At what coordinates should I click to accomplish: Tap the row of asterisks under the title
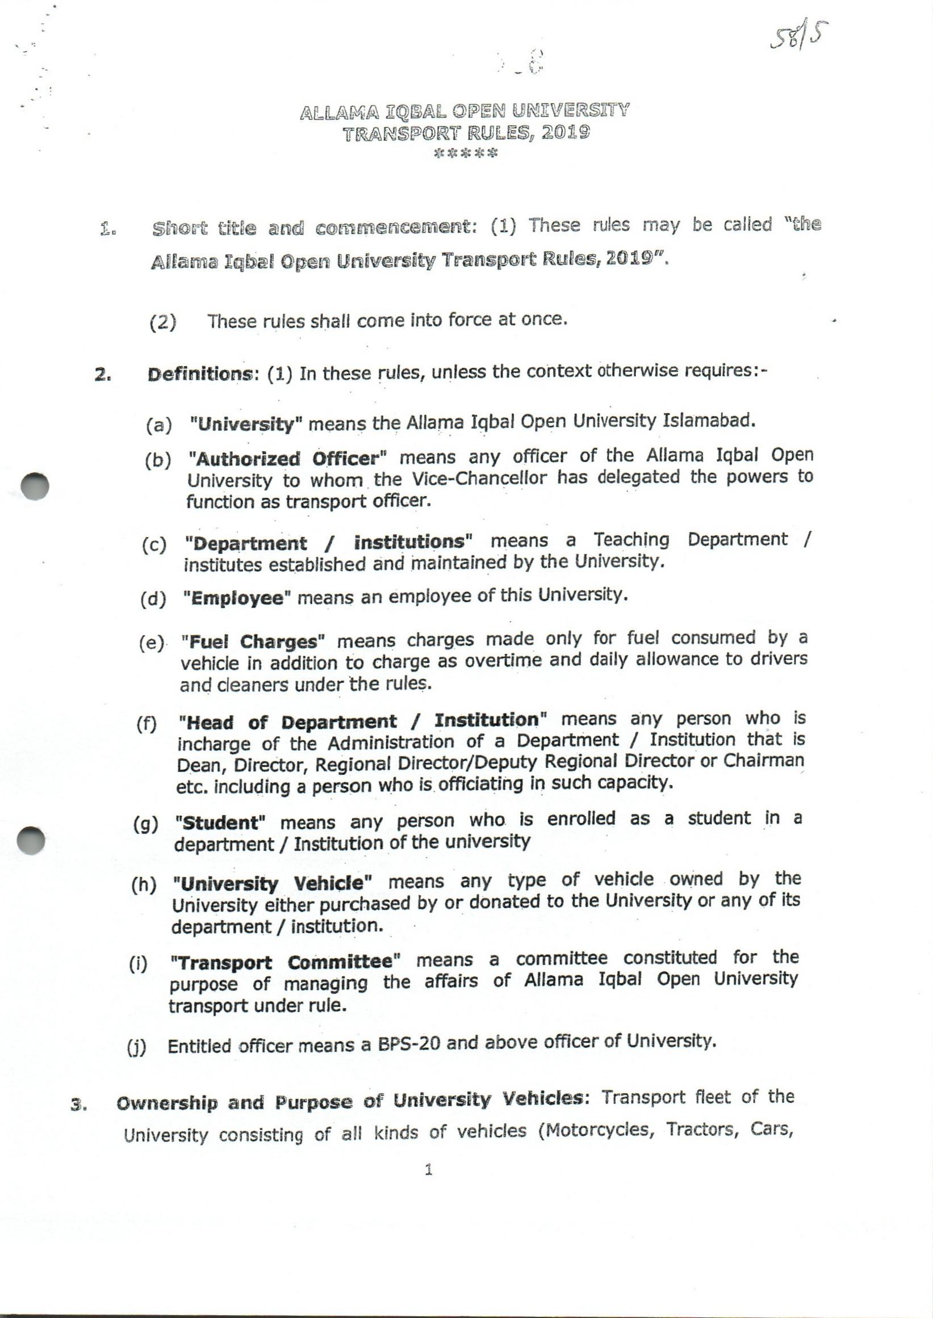pyautogui.click(x=466, y=154)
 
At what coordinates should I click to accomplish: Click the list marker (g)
pyautogui.click(x=145, y=825)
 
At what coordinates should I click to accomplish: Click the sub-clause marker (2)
pyautogui.click(x=162, y=323)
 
